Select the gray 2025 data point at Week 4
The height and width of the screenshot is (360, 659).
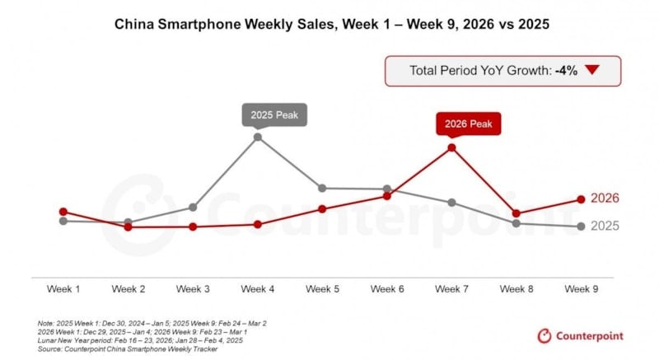(258, 137)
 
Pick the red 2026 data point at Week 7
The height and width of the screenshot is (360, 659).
(451, 148)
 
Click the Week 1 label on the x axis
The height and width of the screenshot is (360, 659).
(63, 289)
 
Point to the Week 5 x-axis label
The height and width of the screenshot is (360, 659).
(322, 289)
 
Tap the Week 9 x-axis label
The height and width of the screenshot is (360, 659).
(581, 289)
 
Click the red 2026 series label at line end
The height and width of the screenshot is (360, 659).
(605, 199)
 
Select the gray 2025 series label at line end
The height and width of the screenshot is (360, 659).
(605, 226)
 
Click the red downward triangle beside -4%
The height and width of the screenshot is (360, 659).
(591, 71)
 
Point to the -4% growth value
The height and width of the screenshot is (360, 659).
(565, 71)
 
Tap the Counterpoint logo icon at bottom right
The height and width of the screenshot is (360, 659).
(544, 335)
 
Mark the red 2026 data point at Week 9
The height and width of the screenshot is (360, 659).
(581, 199)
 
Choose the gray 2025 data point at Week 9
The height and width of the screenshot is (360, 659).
(581, 227)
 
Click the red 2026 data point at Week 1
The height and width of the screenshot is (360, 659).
(63, 212)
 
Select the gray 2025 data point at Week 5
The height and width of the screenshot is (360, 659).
(322, 189)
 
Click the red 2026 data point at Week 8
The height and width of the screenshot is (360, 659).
(516, 214)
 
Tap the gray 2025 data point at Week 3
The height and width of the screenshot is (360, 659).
(193, 207)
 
